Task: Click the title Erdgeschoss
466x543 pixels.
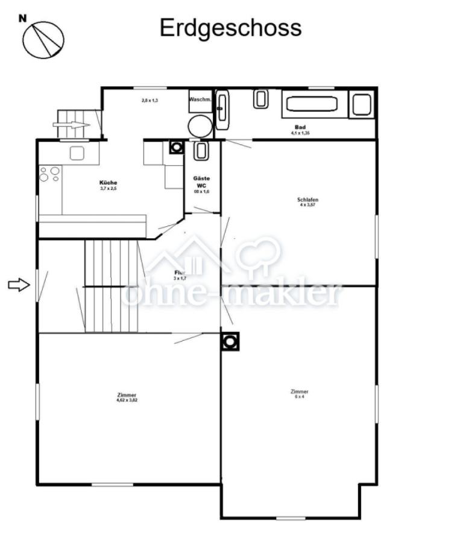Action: (230, 28)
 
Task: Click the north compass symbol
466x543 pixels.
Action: (43, 39)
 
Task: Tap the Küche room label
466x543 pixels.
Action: (109, 182)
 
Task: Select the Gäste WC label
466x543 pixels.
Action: (201, 182)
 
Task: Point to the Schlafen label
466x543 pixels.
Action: (307, 200)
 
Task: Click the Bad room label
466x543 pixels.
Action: (300, 127)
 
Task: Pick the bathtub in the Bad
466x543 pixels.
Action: (312, 104)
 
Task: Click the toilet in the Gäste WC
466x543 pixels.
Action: (201, 151)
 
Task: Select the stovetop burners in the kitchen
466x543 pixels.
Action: (50, 174)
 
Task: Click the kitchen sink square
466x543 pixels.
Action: (76, 153)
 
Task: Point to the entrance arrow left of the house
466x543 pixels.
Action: (19, 285)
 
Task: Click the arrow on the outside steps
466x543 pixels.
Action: (71, 125)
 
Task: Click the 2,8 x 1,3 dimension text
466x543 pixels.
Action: (150, 100)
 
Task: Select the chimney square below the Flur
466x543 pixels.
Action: (230, 341)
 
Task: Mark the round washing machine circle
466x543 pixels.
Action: (200, 127)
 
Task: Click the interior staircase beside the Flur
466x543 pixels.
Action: (112, 286)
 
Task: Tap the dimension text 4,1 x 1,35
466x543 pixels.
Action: (300, 133)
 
